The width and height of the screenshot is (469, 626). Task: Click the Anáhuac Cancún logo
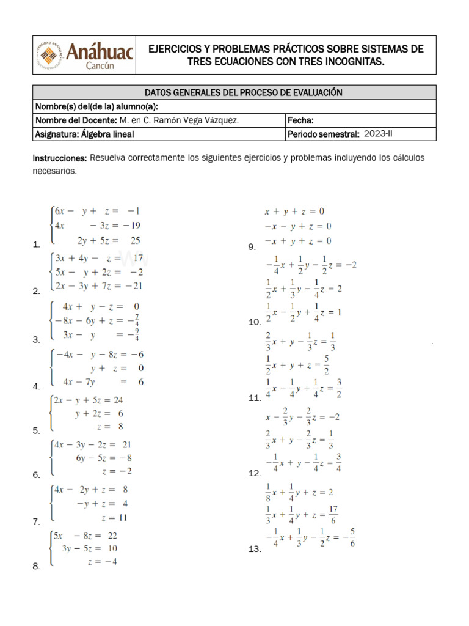click(x=85, y=54)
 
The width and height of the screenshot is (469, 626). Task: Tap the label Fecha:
click(x=300, y=120)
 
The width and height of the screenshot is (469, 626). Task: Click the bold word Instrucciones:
click(x=60, y=158)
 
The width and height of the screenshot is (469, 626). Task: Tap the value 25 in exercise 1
click(x=136, y=240)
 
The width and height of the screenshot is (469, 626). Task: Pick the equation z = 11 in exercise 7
click(x=114, y=517)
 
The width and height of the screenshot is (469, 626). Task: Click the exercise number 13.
click(x=255, y=550)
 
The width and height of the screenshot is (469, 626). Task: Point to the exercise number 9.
click(x=252, y=247)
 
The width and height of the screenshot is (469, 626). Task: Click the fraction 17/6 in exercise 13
click(x=333, y=515)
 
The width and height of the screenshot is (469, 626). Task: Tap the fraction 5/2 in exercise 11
click(x=327, y=365)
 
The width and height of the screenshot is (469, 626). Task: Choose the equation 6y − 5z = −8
click(x=104, y=458)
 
